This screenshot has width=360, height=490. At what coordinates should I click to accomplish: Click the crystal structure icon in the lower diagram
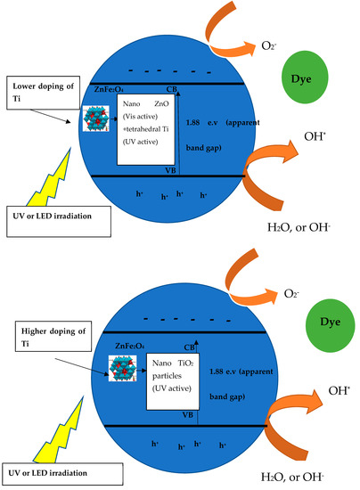click(x=96, y=366)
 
